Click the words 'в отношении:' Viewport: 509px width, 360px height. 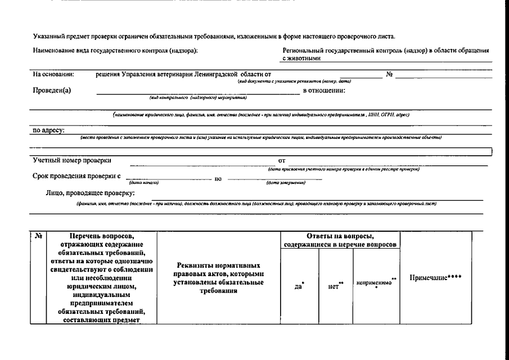[x=324, y=91]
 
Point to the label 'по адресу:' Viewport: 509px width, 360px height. [x=48, y=130]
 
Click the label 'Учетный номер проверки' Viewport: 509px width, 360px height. [x=72, y=160]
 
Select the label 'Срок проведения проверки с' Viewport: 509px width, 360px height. [x=77, y=176]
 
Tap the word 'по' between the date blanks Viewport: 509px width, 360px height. [x=219, y=178]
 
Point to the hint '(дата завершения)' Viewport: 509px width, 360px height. [x=286, y=183]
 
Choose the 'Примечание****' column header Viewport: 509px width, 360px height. [x=435, y=278]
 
